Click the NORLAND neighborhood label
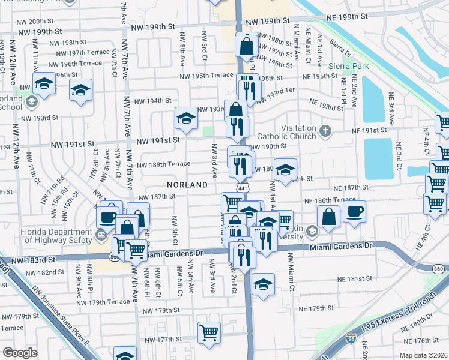(187, 185)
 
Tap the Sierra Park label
(344, 65)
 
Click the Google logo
(20, 352)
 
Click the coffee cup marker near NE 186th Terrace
(354, 212)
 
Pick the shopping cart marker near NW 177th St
(209, 331)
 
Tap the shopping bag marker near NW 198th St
(247, 44)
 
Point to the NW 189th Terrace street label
(164, 164)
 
